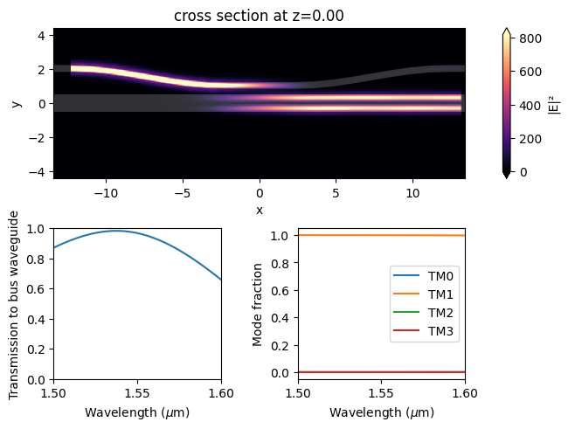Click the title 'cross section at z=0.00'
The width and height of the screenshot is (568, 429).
259,16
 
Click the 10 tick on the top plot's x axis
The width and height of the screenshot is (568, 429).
413,191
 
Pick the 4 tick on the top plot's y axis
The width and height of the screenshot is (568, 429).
41,35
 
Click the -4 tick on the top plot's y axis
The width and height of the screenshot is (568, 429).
38,171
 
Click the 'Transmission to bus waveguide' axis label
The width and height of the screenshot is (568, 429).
15,304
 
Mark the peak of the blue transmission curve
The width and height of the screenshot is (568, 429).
118,231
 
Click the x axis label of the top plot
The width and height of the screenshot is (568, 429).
259,211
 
